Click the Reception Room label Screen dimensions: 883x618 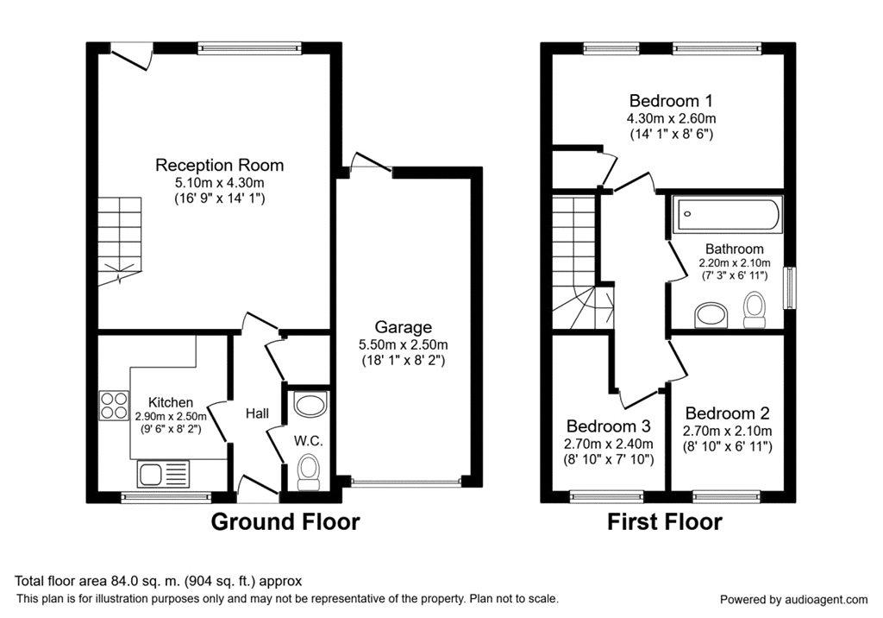click(219, 165)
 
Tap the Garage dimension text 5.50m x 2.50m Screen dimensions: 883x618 click(404, 344)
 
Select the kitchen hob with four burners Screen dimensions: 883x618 click(114, 406)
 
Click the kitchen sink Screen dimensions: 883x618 click(164, 473)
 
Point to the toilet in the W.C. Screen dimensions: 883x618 click(307, 471)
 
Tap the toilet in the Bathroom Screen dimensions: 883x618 click(753, 310)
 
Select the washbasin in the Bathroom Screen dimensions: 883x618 click(711, 315)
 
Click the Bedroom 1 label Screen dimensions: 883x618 click(671, 101)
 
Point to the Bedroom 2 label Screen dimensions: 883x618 click(727, 413)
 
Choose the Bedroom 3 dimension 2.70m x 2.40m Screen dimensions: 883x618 click(609, 444)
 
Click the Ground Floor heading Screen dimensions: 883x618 click(285, 521)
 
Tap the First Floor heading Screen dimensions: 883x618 click(665, 521)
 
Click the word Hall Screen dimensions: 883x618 click(257, 413)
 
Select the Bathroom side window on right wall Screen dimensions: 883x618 click(791, 287)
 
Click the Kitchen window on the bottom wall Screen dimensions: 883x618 click(166, 497)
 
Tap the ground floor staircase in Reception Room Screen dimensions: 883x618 click(119, 241)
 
